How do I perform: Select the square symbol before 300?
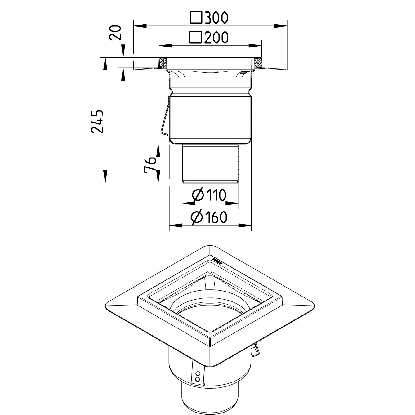point(196,18)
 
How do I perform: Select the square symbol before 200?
point(196,37)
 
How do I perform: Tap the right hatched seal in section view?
point(257,63)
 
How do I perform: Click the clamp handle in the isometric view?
point(255,351)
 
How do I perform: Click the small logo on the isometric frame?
point(217,259)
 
